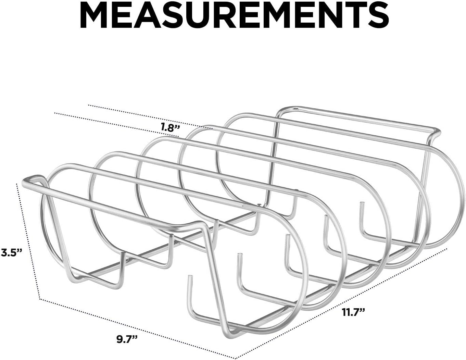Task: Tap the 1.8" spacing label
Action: [170, 127]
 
